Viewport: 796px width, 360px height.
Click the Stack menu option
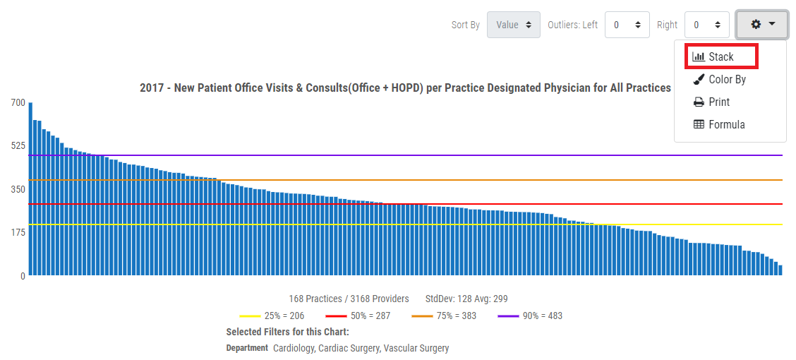coord(720,56)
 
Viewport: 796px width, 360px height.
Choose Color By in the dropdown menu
coord(727,79)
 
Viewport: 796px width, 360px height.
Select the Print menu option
coord(719,102)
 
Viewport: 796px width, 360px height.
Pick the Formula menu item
coord(726,124)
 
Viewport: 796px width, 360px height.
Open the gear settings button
coord(762,25)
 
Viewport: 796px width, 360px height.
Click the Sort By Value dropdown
coord(513,25)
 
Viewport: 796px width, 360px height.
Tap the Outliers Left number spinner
coord(627,25)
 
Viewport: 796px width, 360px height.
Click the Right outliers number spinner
coord(706,25)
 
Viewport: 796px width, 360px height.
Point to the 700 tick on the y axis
coord(18,102)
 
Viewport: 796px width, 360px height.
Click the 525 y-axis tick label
coord(18,145)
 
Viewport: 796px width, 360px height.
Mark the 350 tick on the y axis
coord(18,188)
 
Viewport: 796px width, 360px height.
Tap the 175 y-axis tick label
coord(18,232)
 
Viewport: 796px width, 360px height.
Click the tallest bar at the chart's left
coord(30,191)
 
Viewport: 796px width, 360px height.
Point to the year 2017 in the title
coord(152,88)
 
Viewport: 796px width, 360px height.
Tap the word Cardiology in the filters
coord(294,348)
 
